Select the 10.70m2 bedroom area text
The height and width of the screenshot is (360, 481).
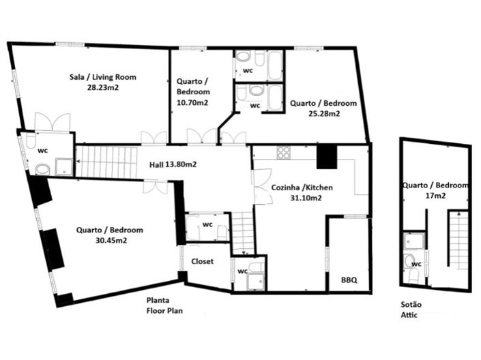pos(192,102)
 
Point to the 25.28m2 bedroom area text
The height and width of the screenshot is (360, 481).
pos(324,114)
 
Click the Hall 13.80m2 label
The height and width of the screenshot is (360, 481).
pos(173,164)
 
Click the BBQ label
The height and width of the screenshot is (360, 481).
pos(349,280)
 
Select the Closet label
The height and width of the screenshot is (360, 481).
pos(203,260)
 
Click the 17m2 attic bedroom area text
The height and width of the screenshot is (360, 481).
pos(434,196)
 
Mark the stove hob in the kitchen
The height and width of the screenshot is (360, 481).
pos(284,153)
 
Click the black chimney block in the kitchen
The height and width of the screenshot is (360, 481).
pos(327,156)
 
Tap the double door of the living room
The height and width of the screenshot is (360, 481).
pos(53,121)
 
